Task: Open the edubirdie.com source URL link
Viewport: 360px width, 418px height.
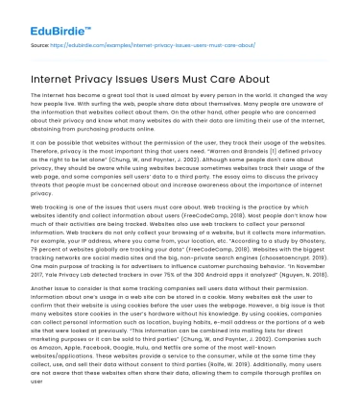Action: tap(145, 43)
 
